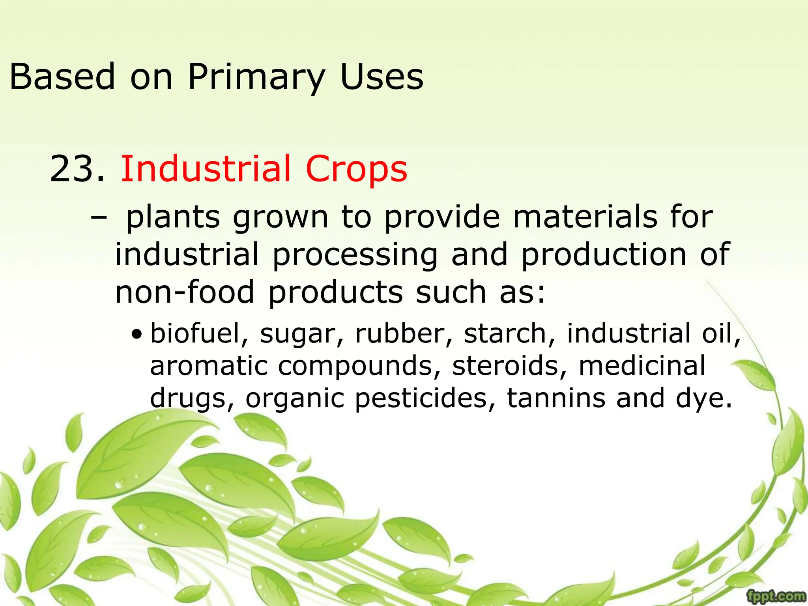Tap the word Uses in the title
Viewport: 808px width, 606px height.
(382, 77)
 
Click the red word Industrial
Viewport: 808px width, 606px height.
(206, 169)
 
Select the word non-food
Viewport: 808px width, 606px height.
(185, 292)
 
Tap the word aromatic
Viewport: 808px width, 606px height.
(209, 366)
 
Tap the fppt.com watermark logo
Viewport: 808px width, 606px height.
(776, 596)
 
